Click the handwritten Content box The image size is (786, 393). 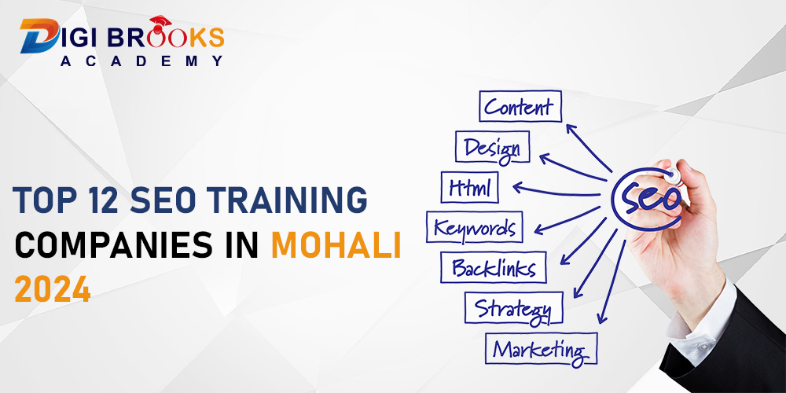(x=520, y=107)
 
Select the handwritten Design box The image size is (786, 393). (x=492, y=147)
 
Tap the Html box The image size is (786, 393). (x=469, y=187)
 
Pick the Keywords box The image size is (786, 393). (x=474, y=228)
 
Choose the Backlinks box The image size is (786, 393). (x=493, y=268)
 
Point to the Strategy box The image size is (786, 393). (x=513, y=307)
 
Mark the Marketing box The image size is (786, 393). (x=541, y=348)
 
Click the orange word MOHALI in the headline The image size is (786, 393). (x=336, y=247)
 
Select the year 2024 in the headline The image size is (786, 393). (x=53, y=291)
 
